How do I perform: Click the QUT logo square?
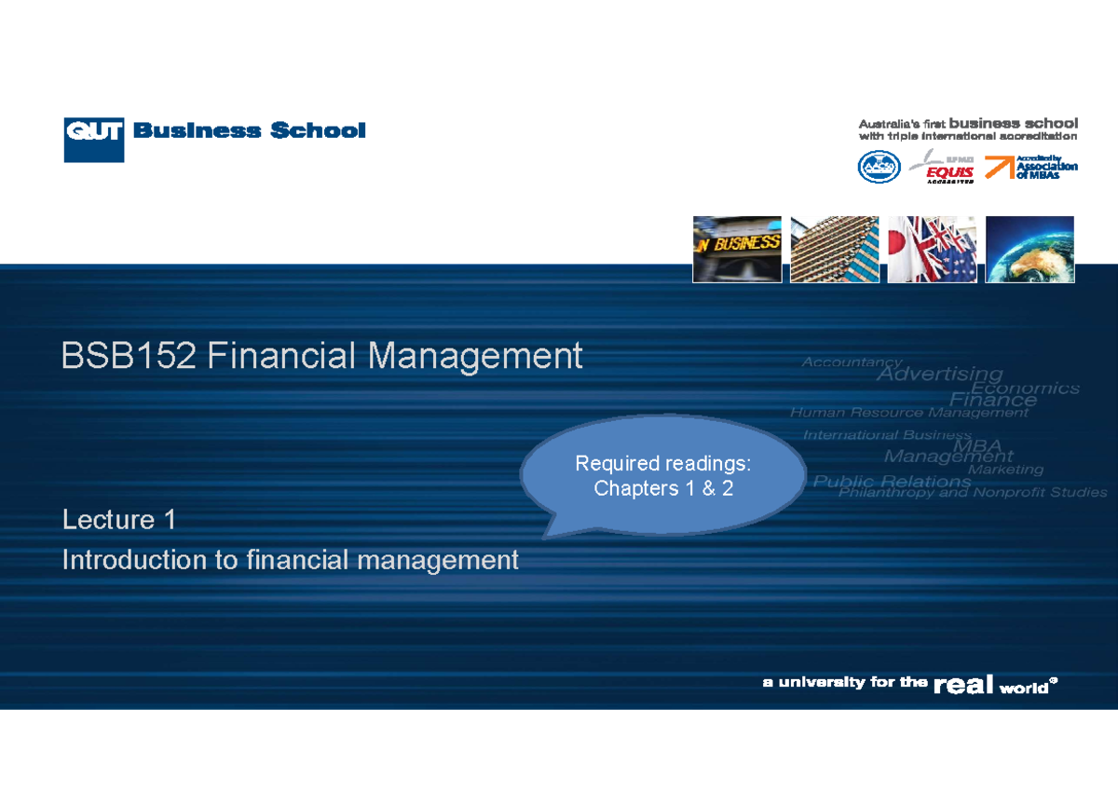[93, 140]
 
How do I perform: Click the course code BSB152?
[129, 356]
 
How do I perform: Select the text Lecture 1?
[118, 519]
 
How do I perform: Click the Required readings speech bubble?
[663, 476]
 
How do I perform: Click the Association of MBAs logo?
[1031, 167]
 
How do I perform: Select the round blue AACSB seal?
[879, 168]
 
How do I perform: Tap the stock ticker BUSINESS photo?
[736, 249]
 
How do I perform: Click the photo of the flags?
[932, 249]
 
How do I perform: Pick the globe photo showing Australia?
[1029, 249]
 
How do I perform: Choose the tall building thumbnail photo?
[834, 249]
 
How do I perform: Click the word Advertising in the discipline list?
[940, 375]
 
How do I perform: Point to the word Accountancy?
[852, 362]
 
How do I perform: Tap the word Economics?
[1025, 388]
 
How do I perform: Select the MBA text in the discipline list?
[976, 445]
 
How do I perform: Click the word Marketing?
[1005, 470]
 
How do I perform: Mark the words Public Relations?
[892, 482]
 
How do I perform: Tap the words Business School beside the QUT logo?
[249, 130]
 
